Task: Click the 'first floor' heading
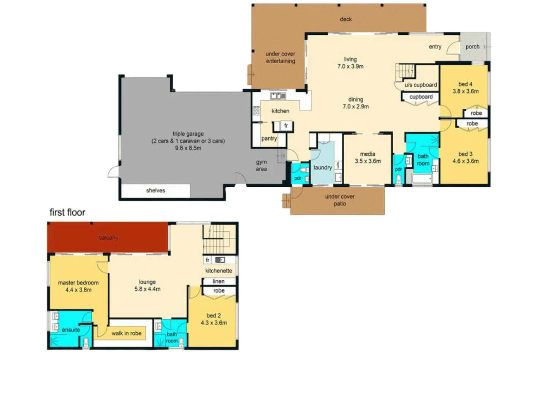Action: coord(67,212)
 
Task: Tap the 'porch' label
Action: coord(472,47)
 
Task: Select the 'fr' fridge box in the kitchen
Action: coord(286,126)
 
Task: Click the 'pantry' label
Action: coord(269,139)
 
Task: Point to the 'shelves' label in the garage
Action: coord(156,190)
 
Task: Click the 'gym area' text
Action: coord(261,165)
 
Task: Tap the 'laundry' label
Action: coord(322,167)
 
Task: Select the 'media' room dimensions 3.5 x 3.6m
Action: coord(368,161)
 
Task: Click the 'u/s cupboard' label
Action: coord(420,85)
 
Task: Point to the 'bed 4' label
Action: coord(465,84)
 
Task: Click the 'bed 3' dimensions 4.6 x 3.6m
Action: coord(465,161)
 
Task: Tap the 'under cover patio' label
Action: coord(340,200)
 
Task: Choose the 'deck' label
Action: coord(346,19)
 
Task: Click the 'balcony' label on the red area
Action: coord(108,238)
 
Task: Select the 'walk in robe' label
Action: coord(127,333)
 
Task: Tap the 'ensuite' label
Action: coord(71,330)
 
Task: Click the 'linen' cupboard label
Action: coord(219,281)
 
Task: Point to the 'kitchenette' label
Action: coord(219,271)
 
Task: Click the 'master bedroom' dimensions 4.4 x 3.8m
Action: coord(78,290)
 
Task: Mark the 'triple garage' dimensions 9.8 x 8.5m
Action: coord(188,148)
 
